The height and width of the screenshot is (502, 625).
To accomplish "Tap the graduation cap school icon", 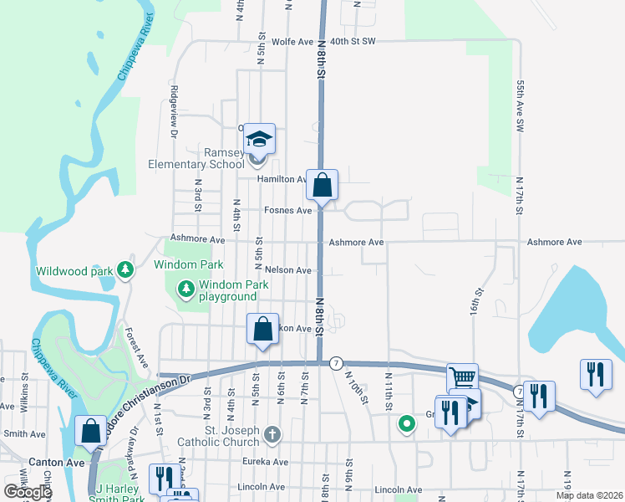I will pos(260,139).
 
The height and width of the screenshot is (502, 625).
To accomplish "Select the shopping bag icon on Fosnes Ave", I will pos(322,185).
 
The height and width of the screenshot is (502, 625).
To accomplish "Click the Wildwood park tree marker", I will pos(125,269).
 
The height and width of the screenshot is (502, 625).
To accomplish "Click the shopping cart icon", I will pos(461,378).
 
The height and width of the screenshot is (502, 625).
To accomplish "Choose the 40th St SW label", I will pos(353,40).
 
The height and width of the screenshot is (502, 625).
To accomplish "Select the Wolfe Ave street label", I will pos(292,40).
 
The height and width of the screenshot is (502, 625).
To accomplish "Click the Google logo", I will pos(28,492).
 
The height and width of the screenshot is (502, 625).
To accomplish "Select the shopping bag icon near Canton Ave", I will pos(89,431).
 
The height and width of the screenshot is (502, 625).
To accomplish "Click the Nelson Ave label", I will pos(288,270).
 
